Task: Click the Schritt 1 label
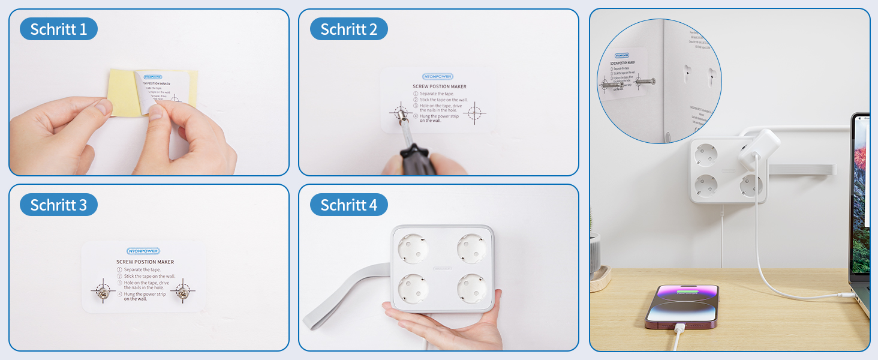point(58,29)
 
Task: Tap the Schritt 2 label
point(348,29)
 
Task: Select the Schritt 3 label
point(58,205)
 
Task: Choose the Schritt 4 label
point(348,205)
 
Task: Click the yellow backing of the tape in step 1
point(120,90)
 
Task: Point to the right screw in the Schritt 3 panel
point(182,292)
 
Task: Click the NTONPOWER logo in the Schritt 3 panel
point(143,251)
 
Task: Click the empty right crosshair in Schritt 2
point(474,112)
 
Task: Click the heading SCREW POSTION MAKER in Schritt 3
point(145,262)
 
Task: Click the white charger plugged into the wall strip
point(759,147)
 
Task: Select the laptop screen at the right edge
point(861,192)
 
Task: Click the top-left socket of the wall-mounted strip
point(706,155)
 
